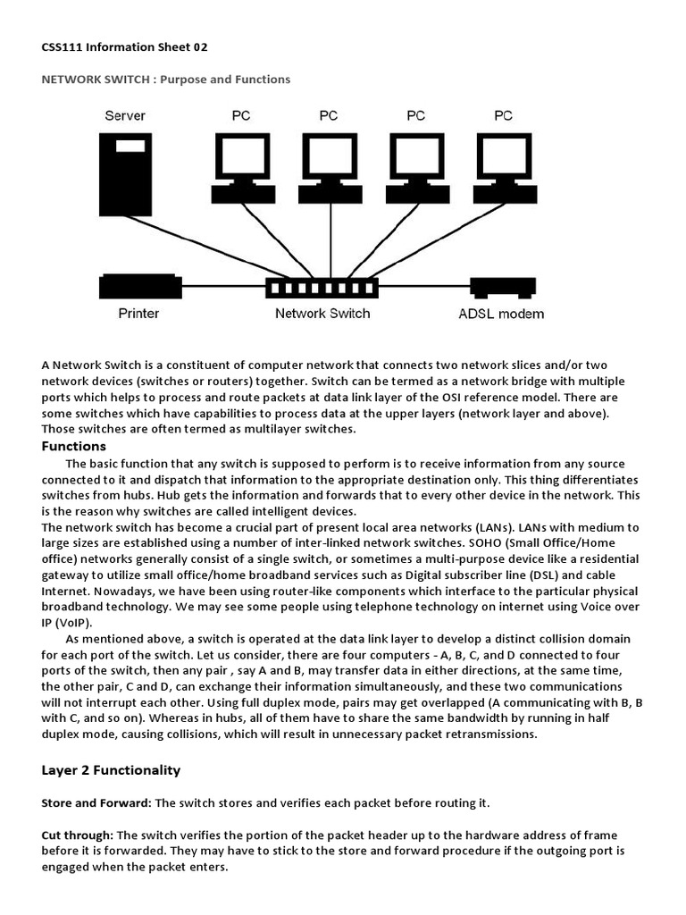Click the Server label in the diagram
click(125, 115)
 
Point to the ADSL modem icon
click(501, 288)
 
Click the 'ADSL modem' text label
click(500, 314)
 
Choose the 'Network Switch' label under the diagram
click(322, 314)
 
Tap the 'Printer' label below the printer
click(138, 314)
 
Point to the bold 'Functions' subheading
click(74, 446)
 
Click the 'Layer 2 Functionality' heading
click(112, 770)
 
